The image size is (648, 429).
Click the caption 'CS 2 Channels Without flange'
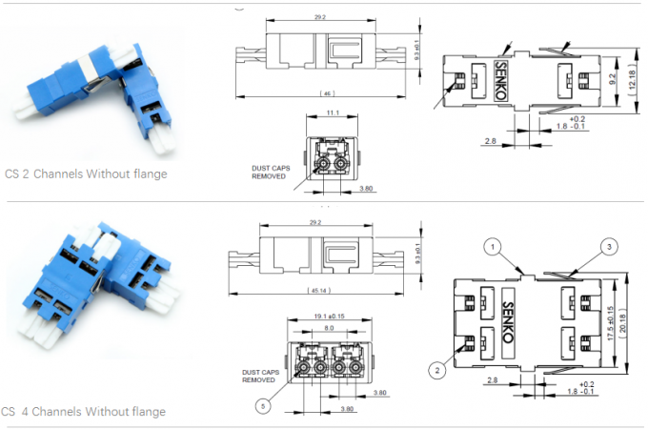(85, 174)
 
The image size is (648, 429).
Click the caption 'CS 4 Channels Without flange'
(84, 412)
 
